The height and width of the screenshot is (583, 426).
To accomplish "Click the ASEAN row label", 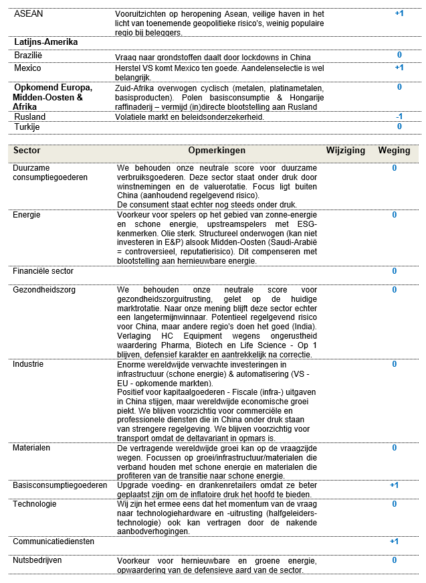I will tap(29, 13).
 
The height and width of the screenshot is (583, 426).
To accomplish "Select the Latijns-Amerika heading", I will tap(46, 41).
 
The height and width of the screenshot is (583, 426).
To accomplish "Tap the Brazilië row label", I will tap(27, 56).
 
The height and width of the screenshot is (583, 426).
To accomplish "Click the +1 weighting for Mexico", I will tap(399, 68).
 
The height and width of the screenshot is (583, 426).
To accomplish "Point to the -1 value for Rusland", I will tap(399, 116).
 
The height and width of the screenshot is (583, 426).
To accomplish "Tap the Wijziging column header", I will tap(345, 151).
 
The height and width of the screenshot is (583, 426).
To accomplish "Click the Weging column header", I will tap(394, 151).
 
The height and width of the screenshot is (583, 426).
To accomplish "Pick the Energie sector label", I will tap(27, 215).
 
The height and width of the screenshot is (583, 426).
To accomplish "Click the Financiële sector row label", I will tap(43, 271).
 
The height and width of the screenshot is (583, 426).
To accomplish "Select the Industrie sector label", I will tap(28, 364).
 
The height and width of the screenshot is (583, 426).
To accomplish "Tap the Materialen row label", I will tap(31, 448).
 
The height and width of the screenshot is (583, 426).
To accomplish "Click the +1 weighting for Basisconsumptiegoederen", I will tap(395, 485).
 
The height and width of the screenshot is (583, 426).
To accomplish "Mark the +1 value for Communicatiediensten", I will tap(395, 542).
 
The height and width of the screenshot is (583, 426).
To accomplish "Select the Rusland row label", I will tap(30, 117).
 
